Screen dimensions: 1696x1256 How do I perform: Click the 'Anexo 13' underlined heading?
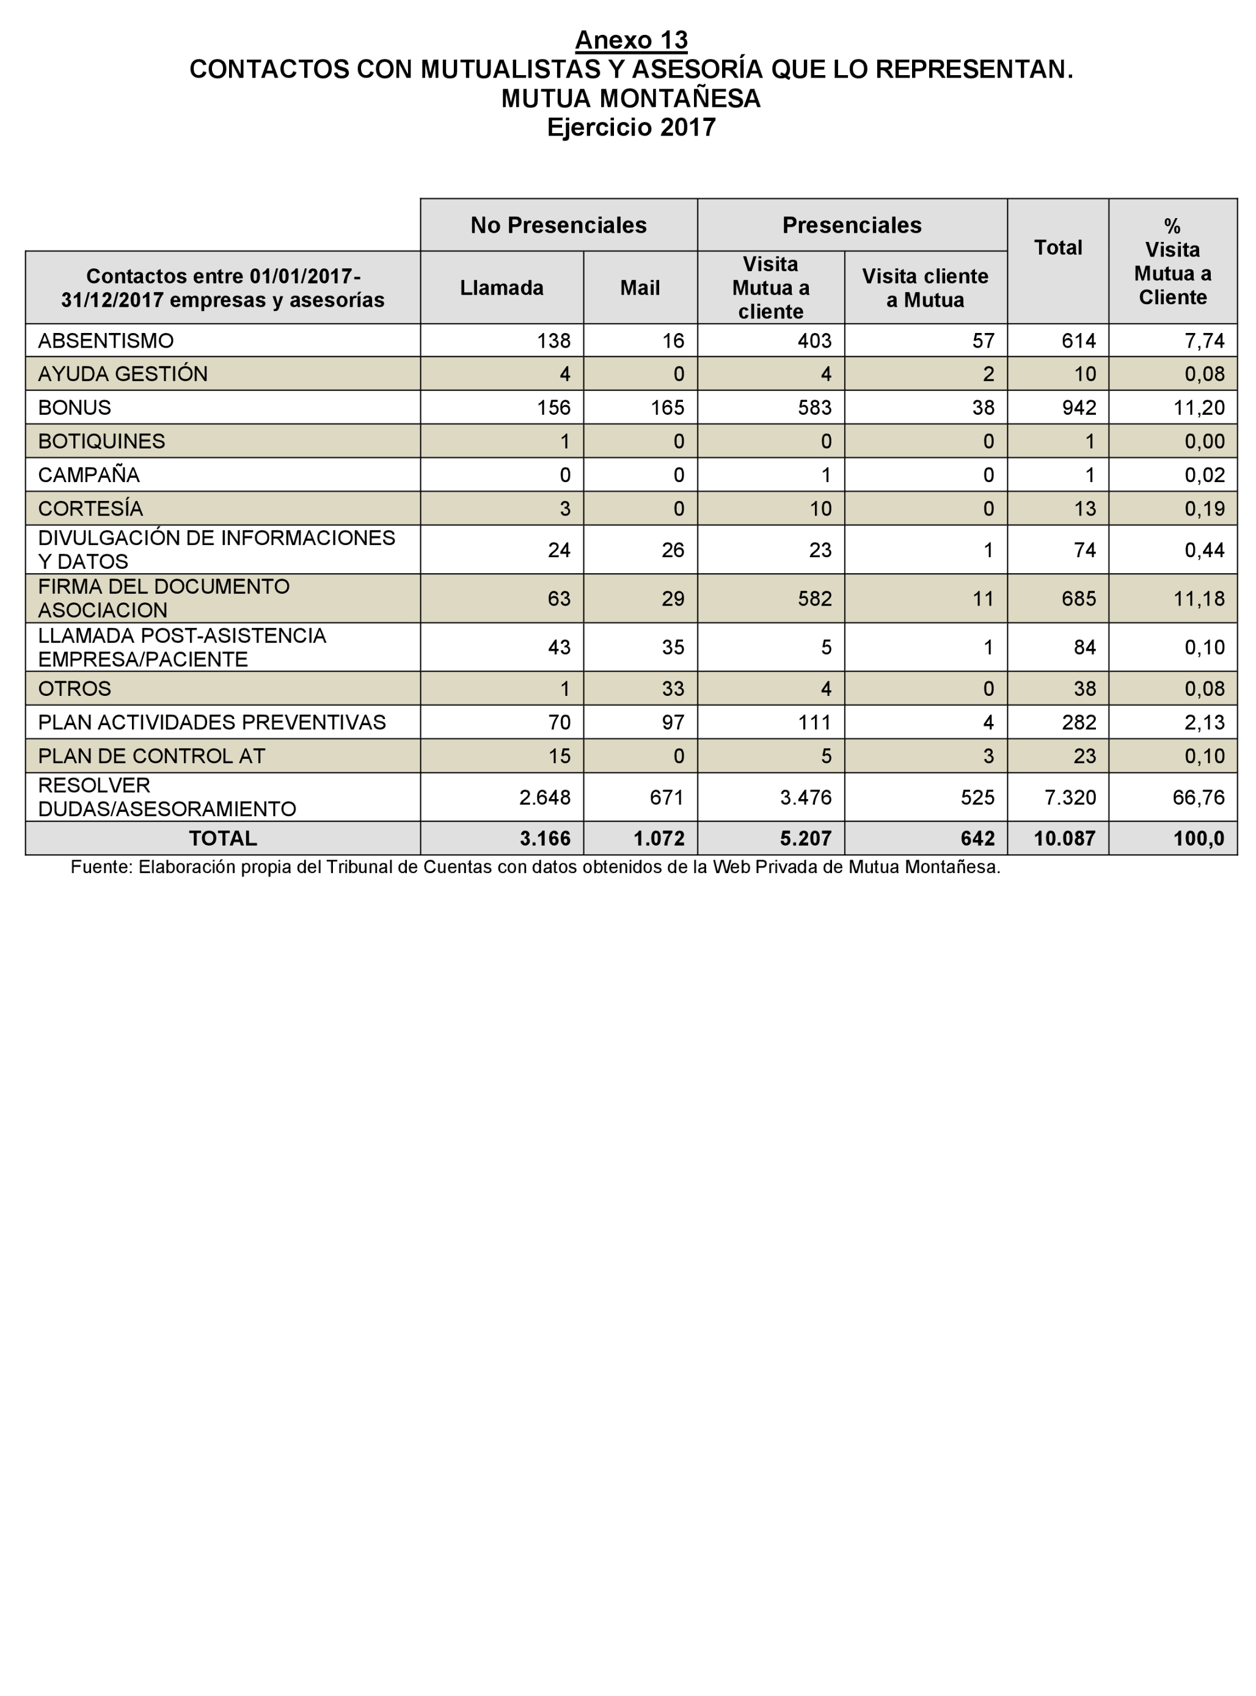pos(631,40)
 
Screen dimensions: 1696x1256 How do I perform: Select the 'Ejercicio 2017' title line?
pos(631,127)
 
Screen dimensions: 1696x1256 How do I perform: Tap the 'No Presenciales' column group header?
pos(558,225)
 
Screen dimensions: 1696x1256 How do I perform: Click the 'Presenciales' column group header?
pos(852,225)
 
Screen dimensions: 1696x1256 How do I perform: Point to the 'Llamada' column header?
pos(501,288)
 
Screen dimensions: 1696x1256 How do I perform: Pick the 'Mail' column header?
pos(640,288)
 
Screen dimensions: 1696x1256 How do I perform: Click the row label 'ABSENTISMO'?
pos(106,340)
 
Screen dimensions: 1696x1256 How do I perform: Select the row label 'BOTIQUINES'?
pos(101,441)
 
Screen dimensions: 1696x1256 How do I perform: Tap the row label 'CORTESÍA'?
pos(90,508)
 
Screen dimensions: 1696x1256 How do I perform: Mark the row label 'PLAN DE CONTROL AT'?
pos(152,756)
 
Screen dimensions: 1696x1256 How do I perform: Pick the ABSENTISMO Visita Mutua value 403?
pos(814,340)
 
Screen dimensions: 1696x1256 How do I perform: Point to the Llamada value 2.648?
pos(544,797)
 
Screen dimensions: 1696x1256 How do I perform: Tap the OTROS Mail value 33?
pos(672,689)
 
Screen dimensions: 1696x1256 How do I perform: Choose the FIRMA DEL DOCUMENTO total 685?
pos(1079,599)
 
